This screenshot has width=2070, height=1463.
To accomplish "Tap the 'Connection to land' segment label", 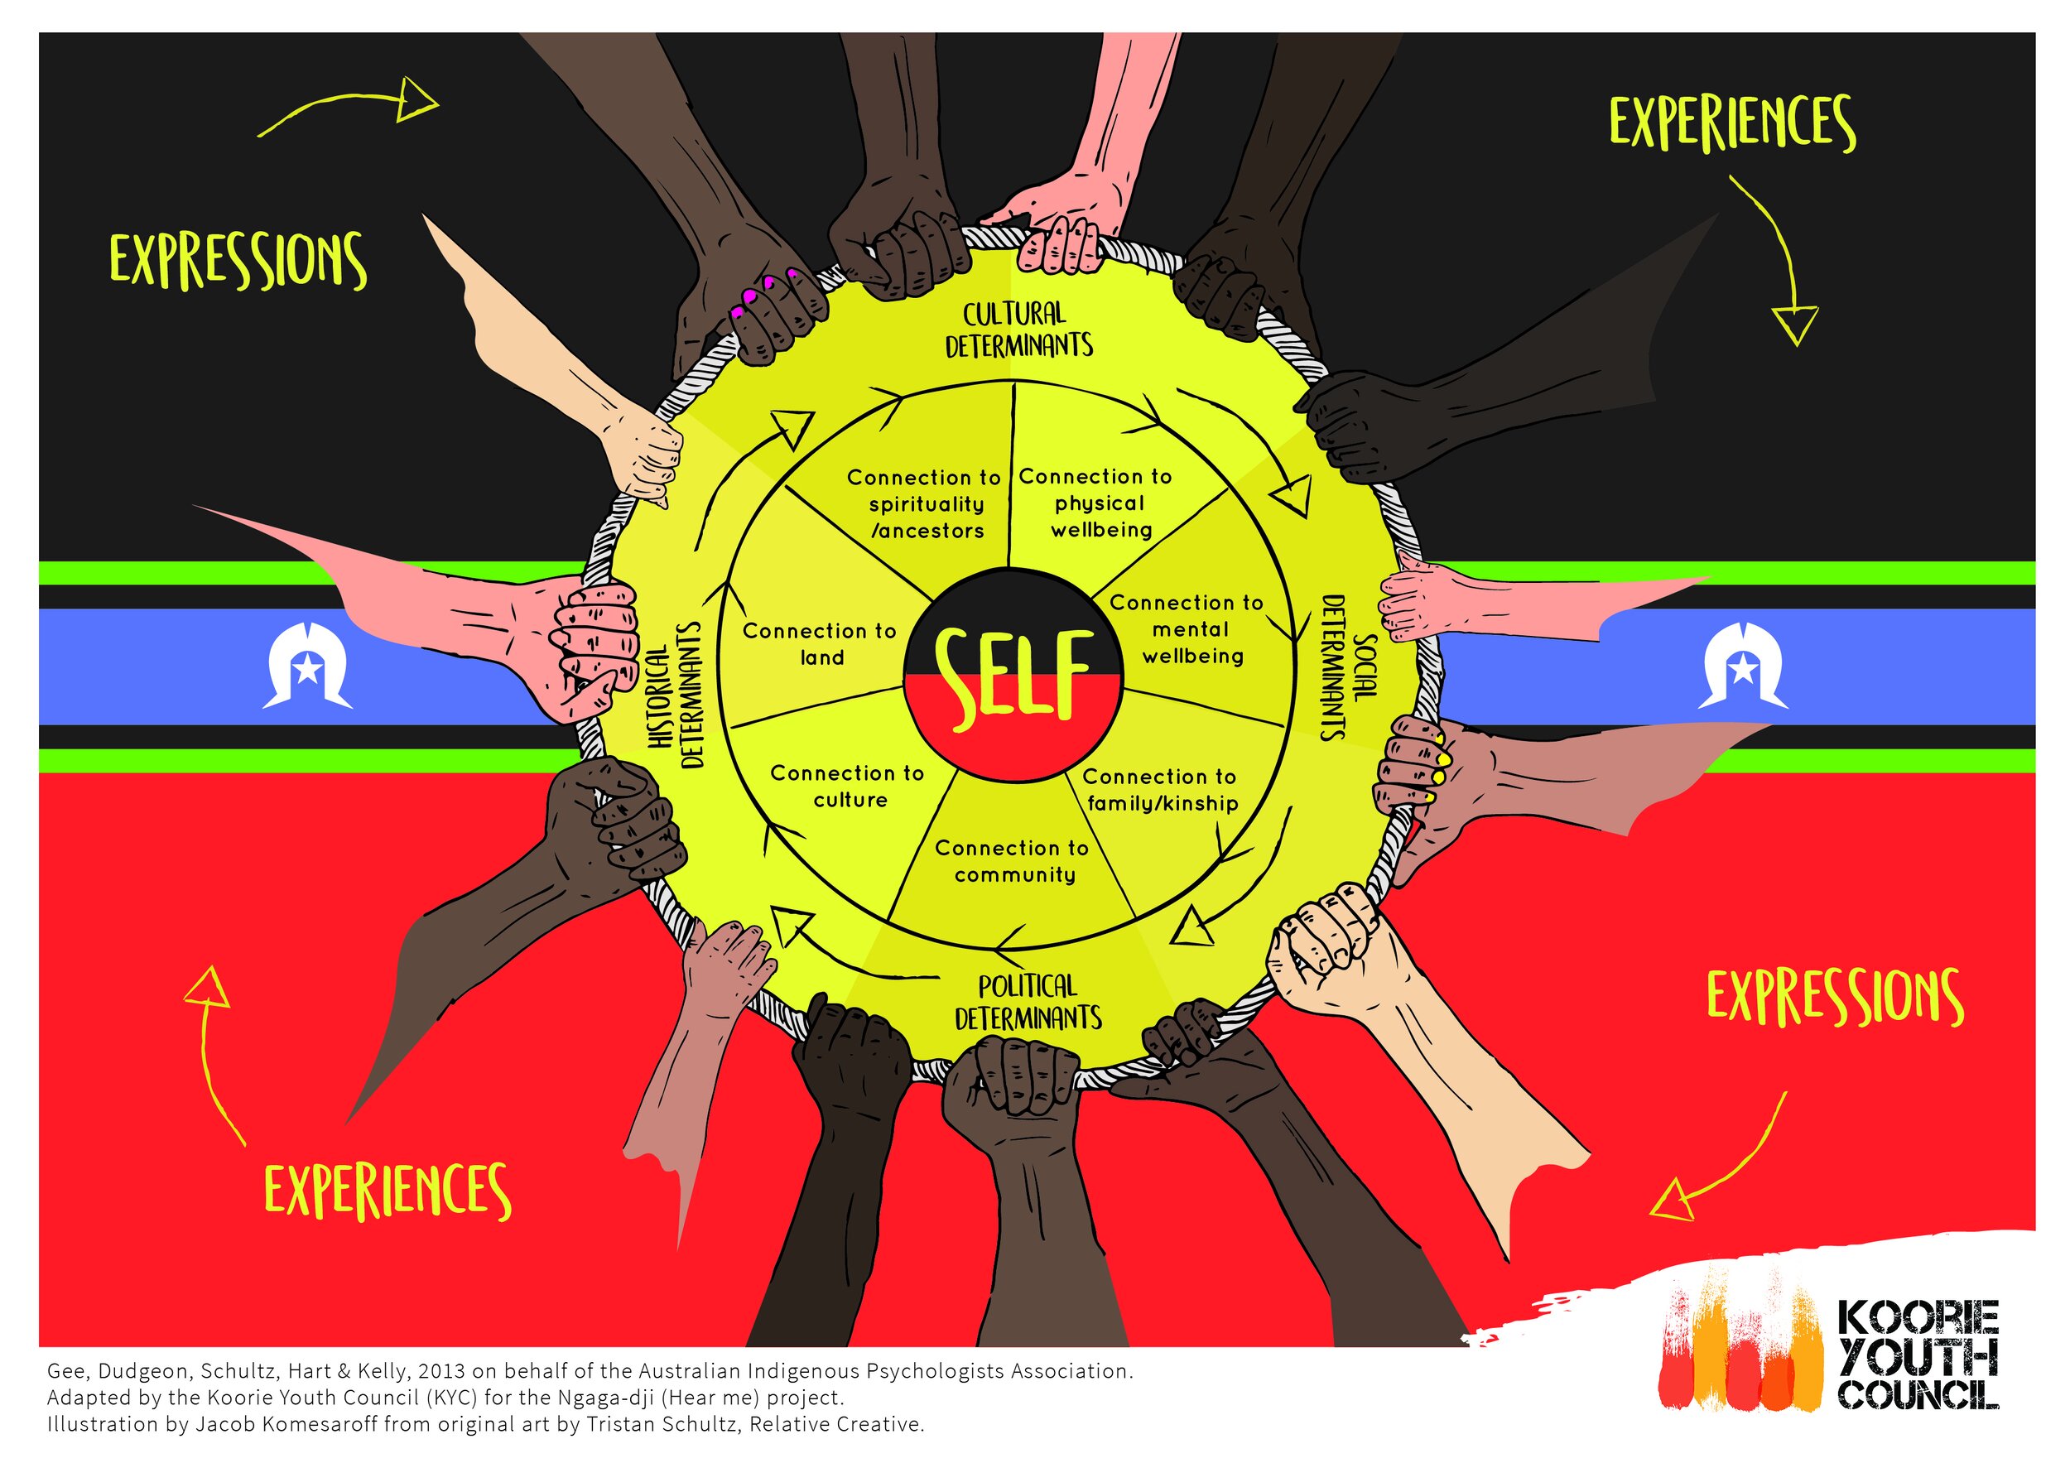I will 820,644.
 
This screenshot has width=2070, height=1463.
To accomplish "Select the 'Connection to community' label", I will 1013,862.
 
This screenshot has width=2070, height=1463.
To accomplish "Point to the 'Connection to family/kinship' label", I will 1160,791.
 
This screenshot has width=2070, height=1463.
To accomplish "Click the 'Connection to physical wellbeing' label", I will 1097,503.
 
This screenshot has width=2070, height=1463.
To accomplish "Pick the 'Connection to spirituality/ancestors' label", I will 925,505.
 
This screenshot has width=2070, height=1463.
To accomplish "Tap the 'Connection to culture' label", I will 848,787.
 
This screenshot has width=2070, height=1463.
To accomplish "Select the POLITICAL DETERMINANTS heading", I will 1028,1003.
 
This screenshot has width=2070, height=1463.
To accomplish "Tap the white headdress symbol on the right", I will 1743,667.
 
